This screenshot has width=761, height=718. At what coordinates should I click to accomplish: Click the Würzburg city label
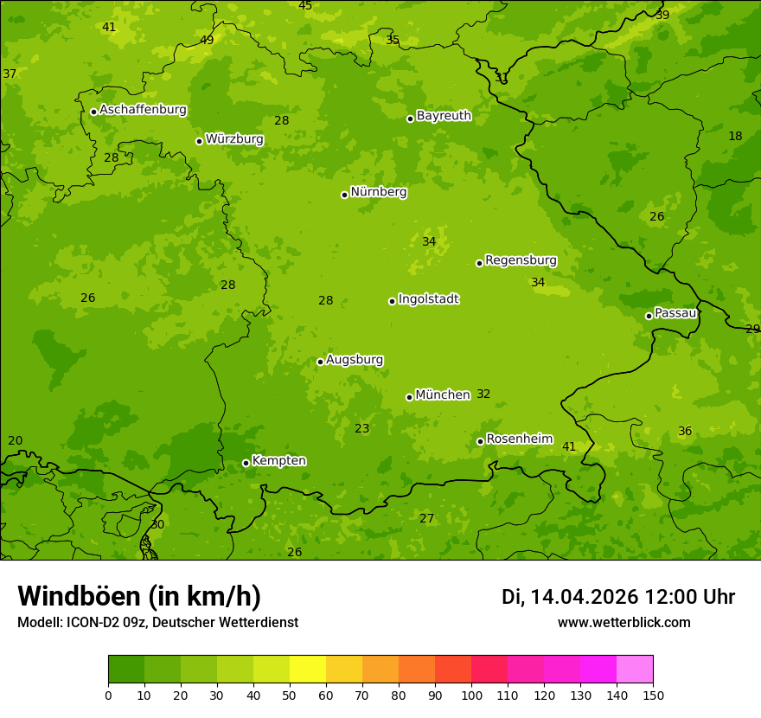pyautogui.click(x=234, y=139)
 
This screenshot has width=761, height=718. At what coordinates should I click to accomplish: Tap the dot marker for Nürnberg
pyautogui.click(x=344, y=195)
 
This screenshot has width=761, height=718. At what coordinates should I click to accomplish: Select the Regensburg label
pyautogui.click(x=521, y=260)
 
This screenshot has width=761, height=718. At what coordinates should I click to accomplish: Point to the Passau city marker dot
pyautogui.click(x=649, y=316)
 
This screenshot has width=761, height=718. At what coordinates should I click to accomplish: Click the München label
pyautogui.click(x=443, y=395)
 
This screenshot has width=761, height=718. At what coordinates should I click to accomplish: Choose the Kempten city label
pyautogui.click(x=278, y=461)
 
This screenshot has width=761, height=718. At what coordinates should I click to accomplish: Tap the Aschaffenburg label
pyautogui.click(x=143, y=110)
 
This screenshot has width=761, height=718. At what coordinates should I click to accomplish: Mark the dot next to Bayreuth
pyautogui.click(x=410, y=119)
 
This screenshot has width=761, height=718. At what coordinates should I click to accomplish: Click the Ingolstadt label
pyautogui.click(x=428, y=299)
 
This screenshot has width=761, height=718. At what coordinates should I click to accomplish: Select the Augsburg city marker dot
pyautogui.click(x=320, y=362)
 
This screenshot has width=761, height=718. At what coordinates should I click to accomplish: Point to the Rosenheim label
pyautogui.click(x=519, y=439)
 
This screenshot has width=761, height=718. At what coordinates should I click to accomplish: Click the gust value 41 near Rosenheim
pyautogui.click(x=568, y=447)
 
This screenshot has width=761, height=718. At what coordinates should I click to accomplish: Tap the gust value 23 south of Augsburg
pyautogui.click(x=361, y=429)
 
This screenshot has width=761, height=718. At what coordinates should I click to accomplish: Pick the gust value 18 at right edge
pyautogui.click(x=735, y=137)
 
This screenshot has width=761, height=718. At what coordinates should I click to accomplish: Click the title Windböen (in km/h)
pyautogui.click(x=139, y=596)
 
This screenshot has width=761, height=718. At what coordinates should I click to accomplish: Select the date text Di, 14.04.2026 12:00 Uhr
pyautogui.click(x=618, y=597)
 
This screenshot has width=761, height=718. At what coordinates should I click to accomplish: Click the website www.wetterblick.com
pyautogui.click(x=624, y=623)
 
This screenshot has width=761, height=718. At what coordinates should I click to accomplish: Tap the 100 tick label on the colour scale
pyautogui.click(x=471, y=695)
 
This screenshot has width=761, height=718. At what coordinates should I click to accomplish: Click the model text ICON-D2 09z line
pyautogui.click(x=157, y=623)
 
